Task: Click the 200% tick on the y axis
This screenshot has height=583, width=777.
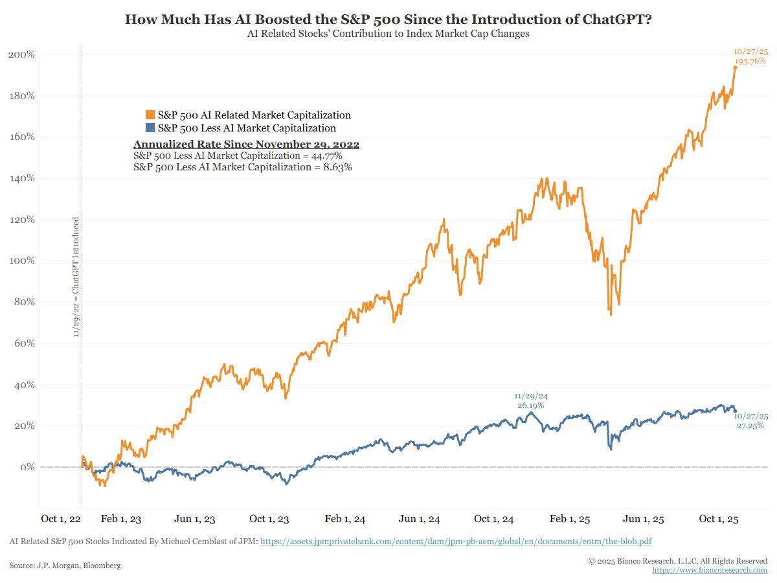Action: pos(21,54)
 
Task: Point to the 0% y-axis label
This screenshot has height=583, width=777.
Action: pos(27,467)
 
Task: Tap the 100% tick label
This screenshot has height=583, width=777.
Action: pos(21,261)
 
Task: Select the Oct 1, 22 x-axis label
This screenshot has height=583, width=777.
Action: pos(61,519)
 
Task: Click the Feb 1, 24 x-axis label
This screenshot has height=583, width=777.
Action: pos(344,519)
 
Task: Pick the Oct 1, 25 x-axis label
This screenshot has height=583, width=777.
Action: pos(719,519)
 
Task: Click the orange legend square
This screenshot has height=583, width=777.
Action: pos(150,115)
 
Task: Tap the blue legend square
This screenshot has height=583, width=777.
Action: pos(150,128)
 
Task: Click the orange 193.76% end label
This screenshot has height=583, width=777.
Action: pos(750,61)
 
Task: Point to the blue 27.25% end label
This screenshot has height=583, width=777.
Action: pos(750,426)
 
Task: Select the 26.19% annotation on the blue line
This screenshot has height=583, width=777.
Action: pos(530,406)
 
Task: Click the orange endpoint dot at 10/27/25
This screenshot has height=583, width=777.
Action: pos(735,67)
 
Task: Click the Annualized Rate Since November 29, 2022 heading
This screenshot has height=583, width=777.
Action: pos(246,144)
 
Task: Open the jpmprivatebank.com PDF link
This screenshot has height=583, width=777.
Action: pos(456,542)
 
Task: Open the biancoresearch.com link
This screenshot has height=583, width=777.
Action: pos(710,570)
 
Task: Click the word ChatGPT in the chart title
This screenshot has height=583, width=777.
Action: pos(614,19)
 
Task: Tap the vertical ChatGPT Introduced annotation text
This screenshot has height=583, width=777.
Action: pos(76,277)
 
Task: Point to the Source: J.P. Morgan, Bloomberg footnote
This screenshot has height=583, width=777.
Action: pos(65,566)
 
